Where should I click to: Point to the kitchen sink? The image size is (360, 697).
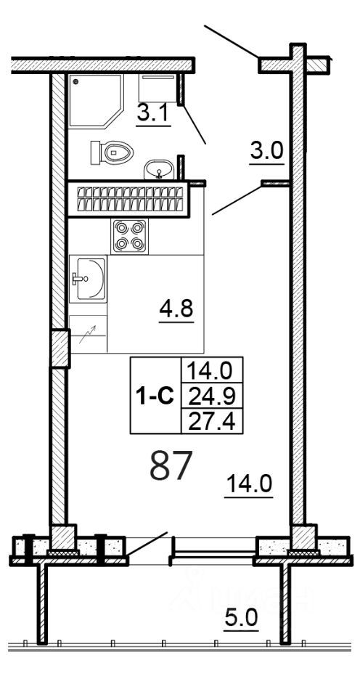click(x=87, y=278)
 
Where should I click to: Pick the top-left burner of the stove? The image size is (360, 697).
click(x=121, y=228)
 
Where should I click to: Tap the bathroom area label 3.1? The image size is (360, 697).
click(x=153, y=114)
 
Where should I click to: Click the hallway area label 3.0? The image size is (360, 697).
click(x=266, y=152)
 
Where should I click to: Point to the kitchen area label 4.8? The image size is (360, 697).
click(x=176, y=310)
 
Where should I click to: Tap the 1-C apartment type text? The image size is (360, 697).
click(x=155, y=396)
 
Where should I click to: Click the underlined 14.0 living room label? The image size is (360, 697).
click(x=248, y=483)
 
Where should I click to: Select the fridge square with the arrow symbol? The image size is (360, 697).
click(x=88, y=335)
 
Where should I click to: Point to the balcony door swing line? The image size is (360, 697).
click(x=148, y=546)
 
